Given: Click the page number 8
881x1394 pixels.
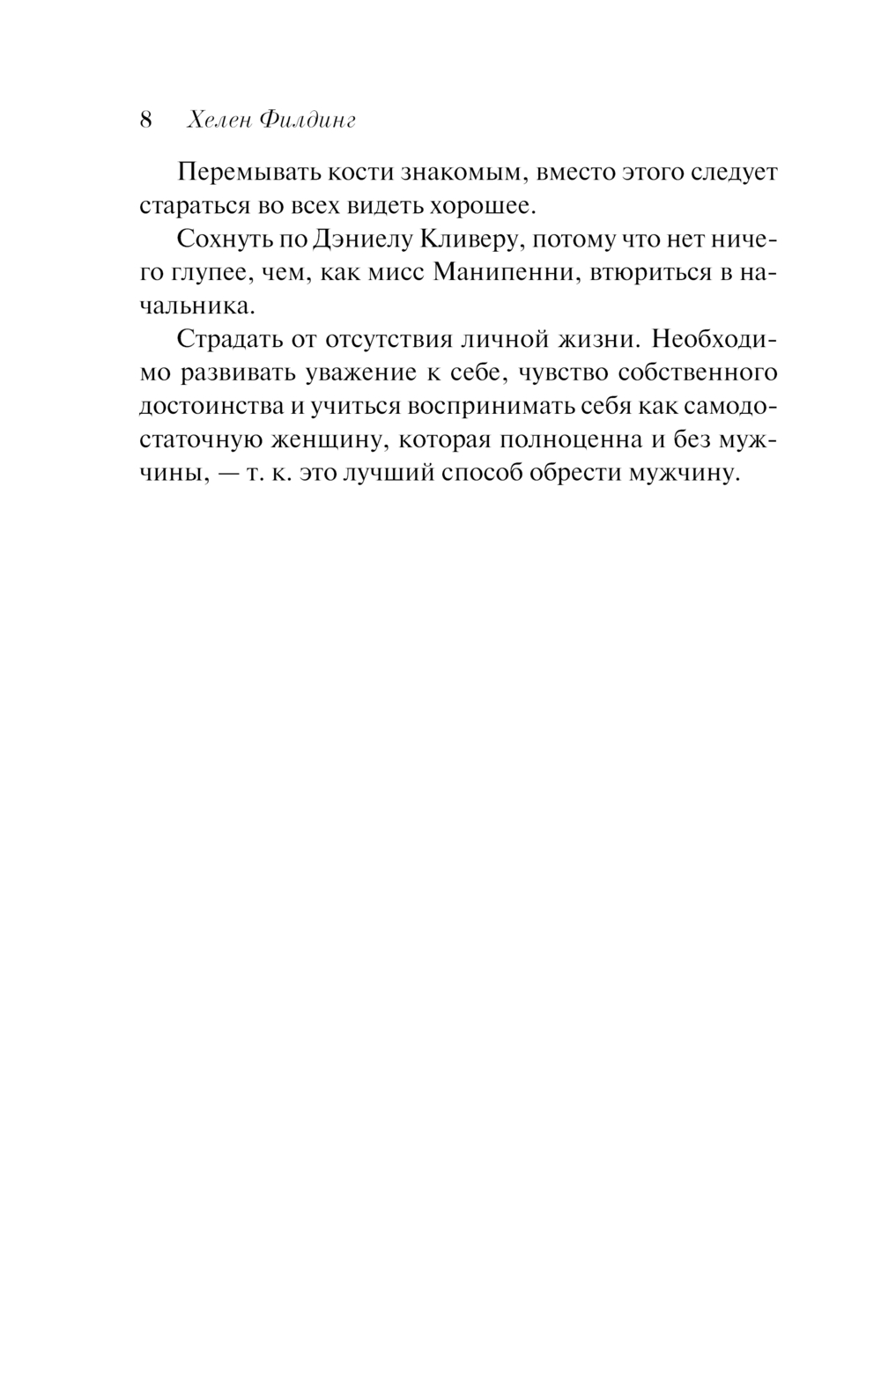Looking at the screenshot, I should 146,120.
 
